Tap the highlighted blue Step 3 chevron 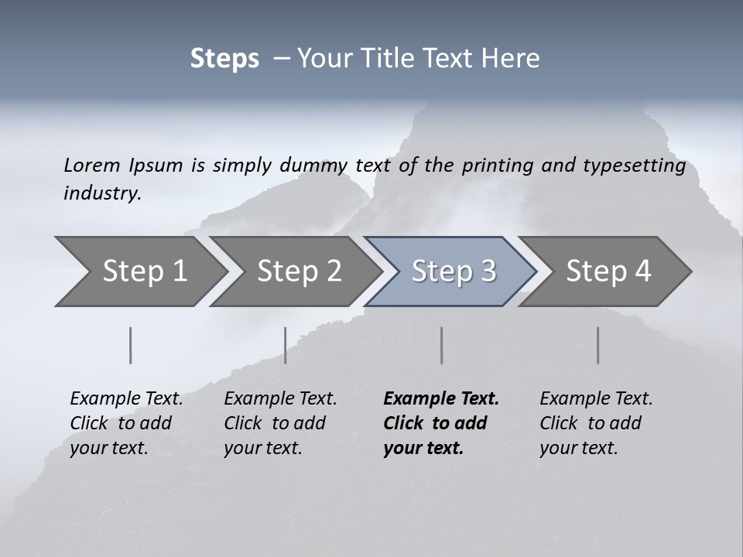click(454, 271)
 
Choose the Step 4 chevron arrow click(608, 271)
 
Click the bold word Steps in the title click(224, 58)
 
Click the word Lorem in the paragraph click(91, 165)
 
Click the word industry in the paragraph click(101, 193)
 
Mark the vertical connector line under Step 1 click(131, 345)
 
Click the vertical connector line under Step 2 click(286, 345)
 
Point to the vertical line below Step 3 click(442, 345)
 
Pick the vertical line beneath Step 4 click(598, 345)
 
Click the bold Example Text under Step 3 click(441, 398)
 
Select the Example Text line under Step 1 click(126, 398)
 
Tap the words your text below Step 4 click(578, 448)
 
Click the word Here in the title click(515, 58)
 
